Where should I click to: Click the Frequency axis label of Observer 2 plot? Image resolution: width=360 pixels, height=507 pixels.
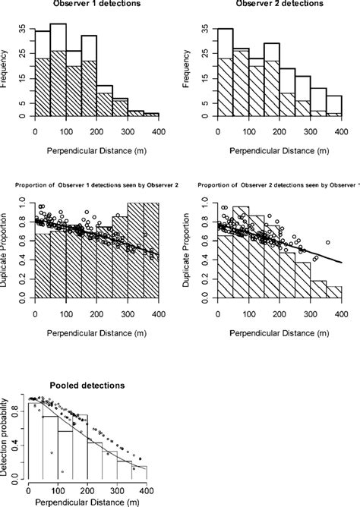pos(188,69)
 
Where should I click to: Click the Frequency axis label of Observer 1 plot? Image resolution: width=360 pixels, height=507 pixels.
pos(6,69)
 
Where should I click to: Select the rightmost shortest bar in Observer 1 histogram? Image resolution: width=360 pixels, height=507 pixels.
pos(151,114)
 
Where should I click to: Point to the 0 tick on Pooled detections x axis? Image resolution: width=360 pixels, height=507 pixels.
pos(28,487)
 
